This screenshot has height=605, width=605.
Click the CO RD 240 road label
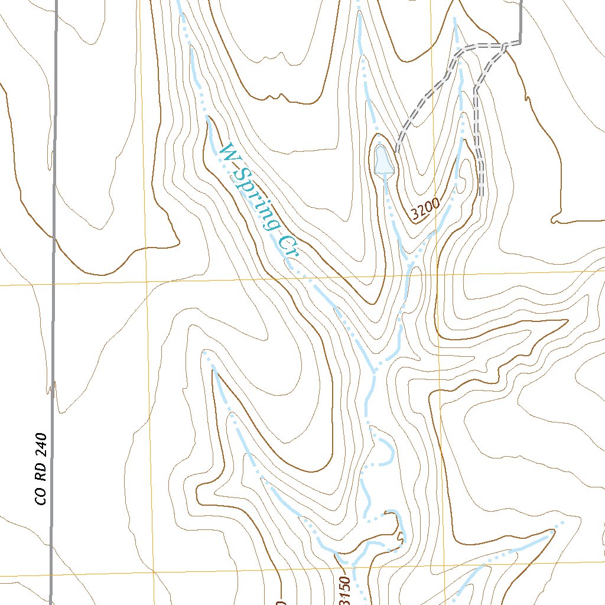click(x=41, y=470)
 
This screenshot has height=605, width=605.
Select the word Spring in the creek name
click(x=258, y=201)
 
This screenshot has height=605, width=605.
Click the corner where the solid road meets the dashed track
click(x=521, y=42)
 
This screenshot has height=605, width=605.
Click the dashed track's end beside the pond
click(x=398, y=152)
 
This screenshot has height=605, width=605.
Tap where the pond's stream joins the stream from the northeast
click(x=409, y=264)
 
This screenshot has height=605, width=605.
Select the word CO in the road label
click(x=41, y=497)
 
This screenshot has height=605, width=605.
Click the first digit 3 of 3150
click(x=346, y=601)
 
